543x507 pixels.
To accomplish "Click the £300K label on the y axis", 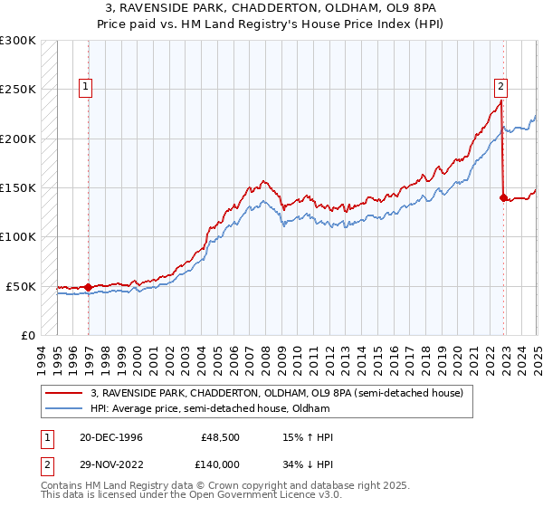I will coord(17,41).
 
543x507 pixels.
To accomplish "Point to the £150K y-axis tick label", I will coord(17,188).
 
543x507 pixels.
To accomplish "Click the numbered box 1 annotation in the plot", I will coord(85,88).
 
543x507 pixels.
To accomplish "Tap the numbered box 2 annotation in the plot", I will coord(500,88).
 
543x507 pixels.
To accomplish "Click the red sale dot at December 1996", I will coord(89,288).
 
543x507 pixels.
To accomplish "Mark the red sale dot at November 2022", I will coord(504,197).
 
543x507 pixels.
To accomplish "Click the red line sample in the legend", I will coord(66,393).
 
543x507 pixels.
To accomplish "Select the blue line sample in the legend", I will coord(66,408).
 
